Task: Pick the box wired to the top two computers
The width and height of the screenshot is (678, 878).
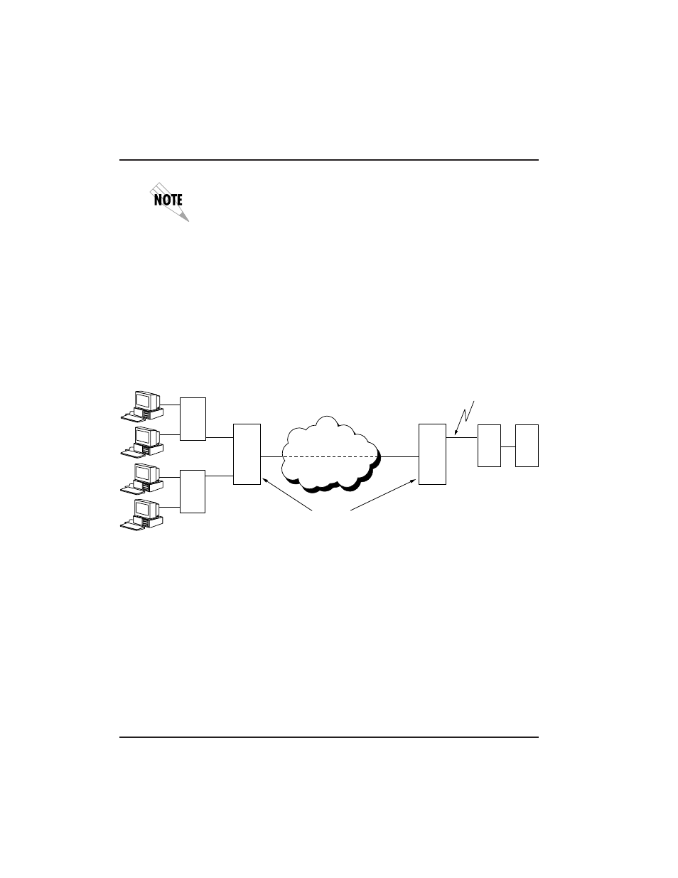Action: point(193,419)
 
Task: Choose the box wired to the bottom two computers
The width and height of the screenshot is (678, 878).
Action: point(193,491)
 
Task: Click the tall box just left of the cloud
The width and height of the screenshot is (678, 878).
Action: point(247,454)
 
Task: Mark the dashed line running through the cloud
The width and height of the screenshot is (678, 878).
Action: point(330,457)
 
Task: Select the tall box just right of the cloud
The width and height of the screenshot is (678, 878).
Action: point(432,454)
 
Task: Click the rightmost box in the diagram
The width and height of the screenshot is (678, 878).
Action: point(527,445)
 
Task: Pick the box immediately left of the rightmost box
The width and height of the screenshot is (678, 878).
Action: point(489,445)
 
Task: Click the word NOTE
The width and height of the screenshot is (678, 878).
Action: point(169,200)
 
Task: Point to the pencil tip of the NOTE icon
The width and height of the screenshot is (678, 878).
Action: point(186,219)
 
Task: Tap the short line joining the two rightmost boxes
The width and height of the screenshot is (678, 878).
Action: point(507,446)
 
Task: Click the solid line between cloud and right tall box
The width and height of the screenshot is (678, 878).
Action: point(400,457)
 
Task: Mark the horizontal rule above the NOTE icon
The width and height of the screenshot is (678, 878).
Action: point(328,160)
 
